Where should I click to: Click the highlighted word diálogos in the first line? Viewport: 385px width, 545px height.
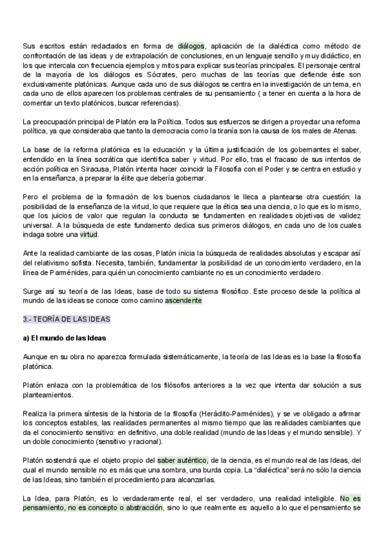(x=191, y=46)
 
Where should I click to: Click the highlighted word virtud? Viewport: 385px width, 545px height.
(x=89, y=235)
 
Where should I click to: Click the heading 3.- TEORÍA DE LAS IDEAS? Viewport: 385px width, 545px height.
(x=66, y=319)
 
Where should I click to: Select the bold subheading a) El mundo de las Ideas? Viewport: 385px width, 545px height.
(x=64, y=338)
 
